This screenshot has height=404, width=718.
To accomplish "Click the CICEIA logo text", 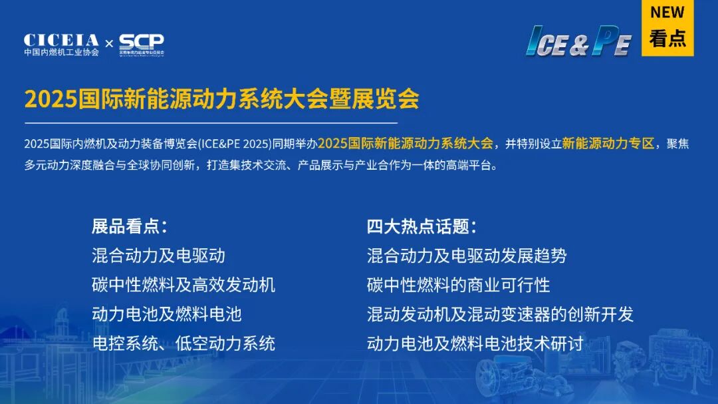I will pos(61,40).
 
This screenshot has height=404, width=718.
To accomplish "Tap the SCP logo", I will pos(142,42).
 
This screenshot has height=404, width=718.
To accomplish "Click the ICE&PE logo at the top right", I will pos(578,42).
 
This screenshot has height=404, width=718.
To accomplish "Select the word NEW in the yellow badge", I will pos(667,13).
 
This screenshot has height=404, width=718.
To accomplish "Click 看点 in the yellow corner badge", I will pos(667,39).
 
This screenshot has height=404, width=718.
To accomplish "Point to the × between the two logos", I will pos(109,44).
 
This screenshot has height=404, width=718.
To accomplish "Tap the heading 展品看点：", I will pos(129,226).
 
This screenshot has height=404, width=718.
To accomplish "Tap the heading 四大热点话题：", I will pos(422,226).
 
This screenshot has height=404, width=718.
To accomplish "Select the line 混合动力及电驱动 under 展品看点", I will pos(158,256).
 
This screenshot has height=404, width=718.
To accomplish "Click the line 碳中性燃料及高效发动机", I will pos(183,285).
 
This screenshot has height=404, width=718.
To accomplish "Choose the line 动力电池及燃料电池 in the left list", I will pos(166,314).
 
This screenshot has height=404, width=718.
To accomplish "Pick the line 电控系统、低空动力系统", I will pos(183,343).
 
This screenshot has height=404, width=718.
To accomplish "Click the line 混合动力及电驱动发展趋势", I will pos(467,256).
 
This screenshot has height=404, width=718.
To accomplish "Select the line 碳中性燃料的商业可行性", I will pos(458,285).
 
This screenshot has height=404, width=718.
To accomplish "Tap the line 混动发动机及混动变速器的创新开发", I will pos(500,314).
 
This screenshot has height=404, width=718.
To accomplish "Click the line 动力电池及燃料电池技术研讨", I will pos(475,343).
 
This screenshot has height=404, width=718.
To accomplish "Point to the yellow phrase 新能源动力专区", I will pos(608,143).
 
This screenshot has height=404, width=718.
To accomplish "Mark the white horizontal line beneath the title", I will pos(211,123).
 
